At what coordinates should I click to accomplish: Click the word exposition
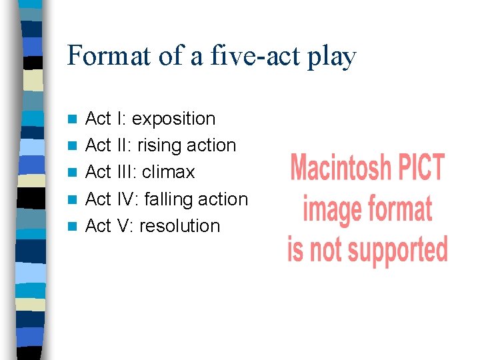(x=173, y=119)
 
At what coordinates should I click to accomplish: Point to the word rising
(x=158, y=145)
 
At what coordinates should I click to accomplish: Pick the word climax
(x=168, y=172)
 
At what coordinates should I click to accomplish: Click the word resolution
(x=179, y=226)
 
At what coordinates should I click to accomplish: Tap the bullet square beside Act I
(x=73, y=119)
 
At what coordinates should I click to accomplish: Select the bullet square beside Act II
(x=73, y=146)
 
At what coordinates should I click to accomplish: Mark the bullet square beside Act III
(x=73, y=173)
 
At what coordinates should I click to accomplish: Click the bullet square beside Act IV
(x=73, y=199)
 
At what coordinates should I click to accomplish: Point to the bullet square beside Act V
(x=73, y=226)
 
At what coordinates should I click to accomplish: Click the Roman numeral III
(x=125, y=172)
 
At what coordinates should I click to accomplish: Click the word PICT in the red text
(x=420, y=167)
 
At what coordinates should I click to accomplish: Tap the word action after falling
(x=223, y=199)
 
